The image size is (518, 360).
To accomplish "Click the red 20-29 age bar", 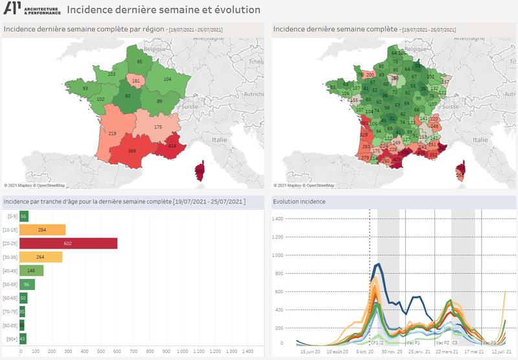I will (68, 243).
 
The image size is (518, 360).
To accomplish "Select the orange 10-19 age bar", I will (42, 230).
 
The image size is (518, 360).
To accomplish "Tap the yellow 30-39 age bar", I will (41, 257).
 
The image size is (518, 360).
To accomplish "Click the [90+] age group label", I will (10, 339).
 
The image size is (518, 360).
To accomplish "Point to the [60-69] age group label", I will (10, 298).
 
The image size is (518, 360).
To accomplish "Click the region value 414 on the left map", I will (172, 146).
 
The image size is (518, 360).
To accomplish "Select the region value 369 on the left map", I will (132, 151).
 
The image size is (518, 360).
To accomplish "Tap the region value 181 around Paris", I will (135, 81).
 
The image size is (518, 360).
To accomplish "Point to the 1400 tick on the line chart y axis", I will (278, 219).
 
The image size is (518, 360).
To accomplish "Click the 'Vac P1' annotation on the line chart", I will (412, 343).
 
